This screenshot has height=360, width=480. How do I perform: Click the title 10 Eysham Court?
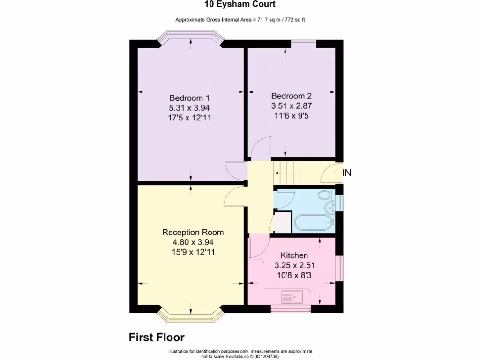pyautogui.click(x=240, y=5)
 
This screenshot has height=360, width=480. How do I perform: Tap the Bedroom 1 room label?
pyautogui.click(x=189, y=98)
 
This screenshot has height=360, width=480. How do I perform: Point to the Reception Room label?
pyautogui.click(x=193, y=232)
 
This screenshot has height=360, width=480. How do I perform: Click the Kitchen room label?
pyautogui.click(x=294, y=255)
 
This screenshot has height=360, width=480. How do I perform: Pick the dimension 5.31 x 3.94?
pyautogui.click(x=189, y=108)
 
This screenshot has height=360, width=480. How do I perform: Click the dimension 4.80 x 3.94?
pyautogui.click(x=193, y=242)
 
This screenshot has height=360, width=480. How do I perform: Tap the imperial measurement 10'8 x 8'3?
pyautogui.click(x=294, y=275)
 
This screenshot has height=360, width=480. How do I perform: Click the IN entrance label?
pyautogui.click(x=346, y=172)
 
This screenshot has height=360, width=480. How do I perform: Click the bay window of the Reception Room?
pyautogui.click(x=190, y=315)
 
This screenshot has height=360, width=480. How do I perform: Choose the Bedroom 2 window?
pyautogui.click(x=303, y=44)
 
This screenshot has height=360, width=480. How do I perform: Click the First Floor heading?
pyautogui.click(x=157, y=337)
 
